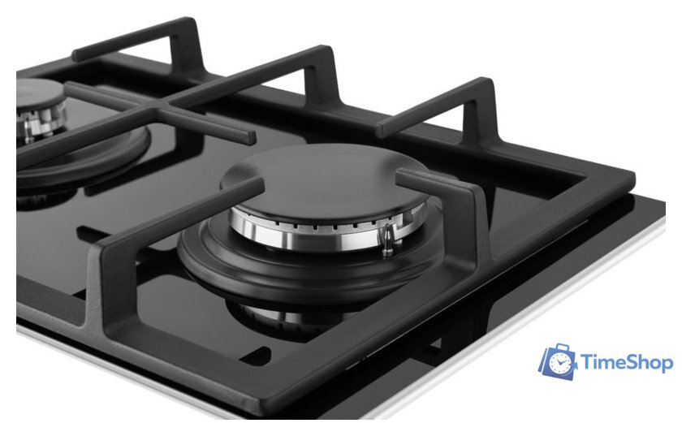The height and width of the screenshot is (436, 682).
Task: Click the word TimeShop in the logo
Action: click(627, 362)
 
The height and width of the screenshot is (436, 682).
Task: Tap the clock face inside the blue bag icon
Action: click(559, 363)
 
